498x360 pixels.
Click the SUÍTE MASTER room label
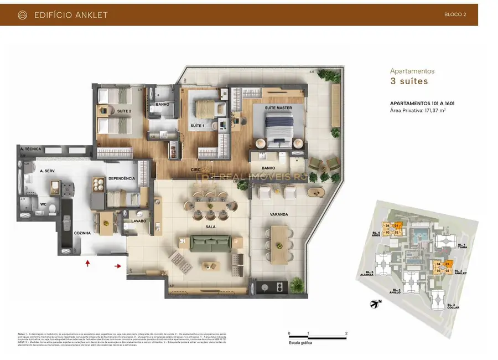coord(278,107)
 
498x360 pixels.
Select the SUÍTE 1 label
coord(197,126)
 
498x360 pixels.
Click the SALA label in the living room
coord(210,227)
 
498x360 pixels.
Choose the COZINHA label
coord(82,233)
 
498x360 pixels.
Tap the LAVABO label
coord(138,221)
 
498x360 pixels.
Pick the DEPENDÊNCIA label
coord(122,178)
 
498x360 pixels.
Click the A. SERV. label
coord(48,171)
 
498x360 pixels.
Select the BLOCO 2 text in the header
coord(455,15)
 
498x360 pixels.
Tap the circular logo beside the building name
coord(22,15)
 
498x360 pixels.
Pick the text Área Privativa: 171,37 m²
coord(418,111)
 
